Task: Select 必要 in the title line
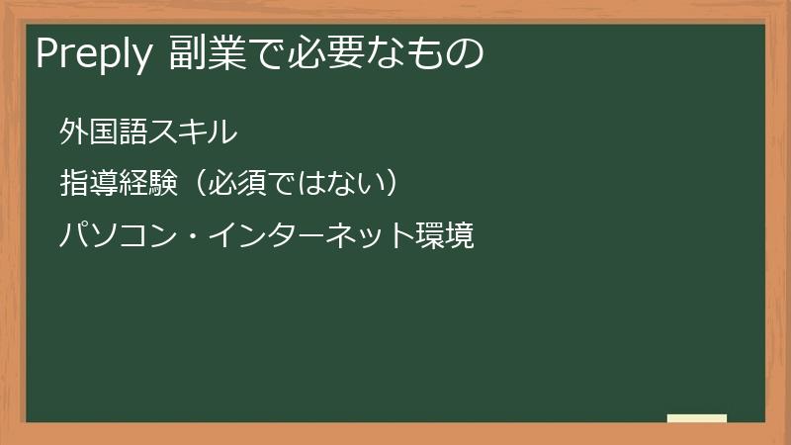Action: click(319, 54)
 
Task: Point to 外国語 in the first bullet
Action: click(103, 131)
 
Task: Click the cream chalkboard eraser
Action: click(697, 418)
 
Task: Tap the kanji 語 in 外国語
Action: click(132, 131)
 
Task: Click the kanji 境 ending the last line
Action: click(461, 236)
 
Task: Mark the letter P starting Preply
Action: click(44, 54)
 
